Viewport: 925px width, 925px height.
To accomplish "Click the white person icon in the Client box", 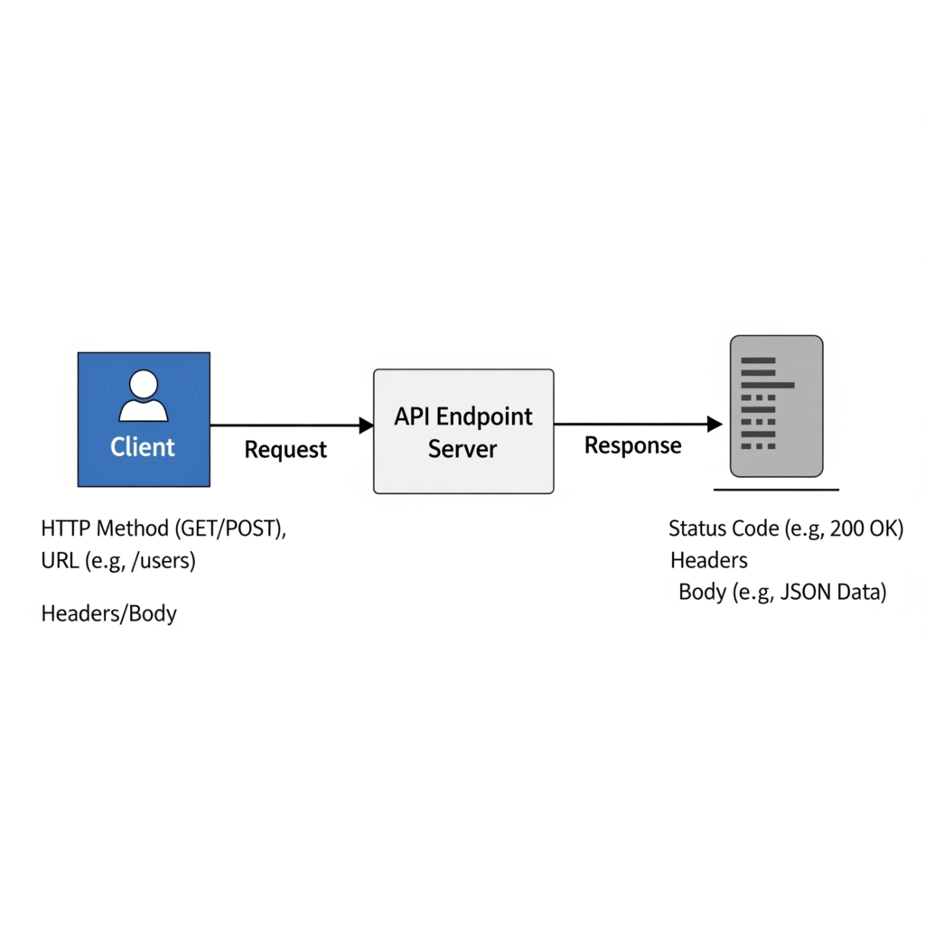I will click(144, 396).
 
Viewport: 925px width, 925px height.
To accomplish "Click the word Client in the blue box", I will click(143, 446).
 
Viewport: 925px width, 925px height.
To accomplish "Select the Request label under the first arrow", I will click(285, 449).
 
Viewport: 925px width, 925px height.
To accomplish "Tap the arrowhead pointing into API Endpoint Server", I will click(366, 425).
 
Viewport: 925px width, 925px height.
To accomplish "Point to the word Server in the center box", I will click(462, 448).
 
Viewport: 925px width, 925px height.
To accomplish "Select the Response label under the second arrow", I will click(632, 445).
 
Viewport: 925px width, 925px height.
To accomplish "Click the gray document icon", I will click(776, 406).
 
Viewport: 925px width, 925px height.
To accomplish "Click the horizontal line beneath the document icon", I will click(776, 490).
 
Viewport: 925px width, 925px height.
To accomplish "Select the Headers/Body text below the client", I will click(108, 614).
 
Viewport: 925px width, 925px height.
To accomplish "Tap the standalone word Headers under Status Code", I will click(708, 561).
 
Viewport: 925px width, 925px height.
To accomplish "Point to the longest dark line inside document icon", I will click(766, 385).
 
